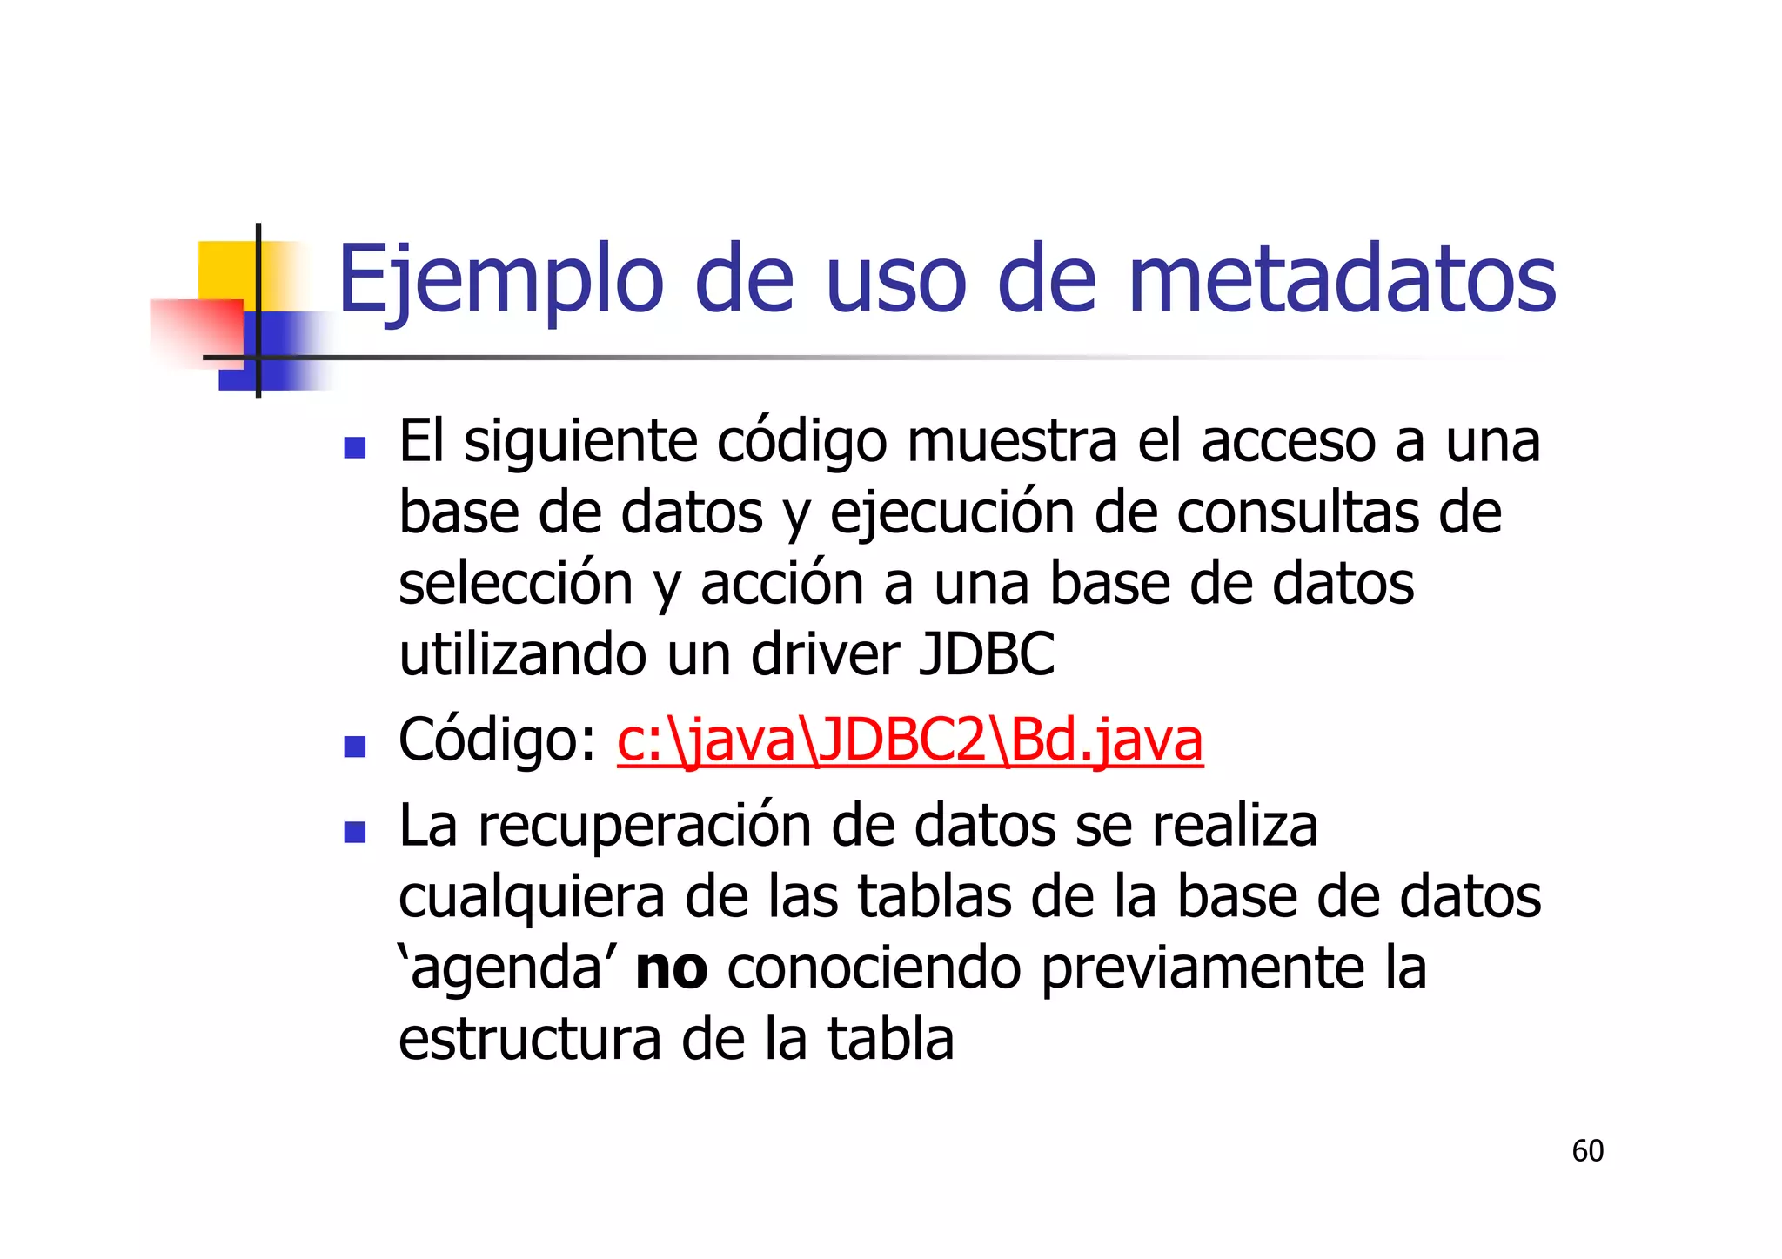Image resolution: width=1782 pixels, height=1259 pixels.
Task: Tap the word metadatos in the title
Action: [x=1341, y=280]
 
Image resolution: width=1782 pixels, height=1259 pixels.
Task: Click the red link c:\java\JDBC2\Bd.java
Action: [x=909, y=740]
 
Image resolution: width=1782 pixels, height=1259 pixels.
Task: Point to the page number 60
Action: [x=1587, y=1150]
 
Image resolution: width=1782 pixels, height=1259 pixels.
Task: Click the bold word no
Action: [x=671, y=968]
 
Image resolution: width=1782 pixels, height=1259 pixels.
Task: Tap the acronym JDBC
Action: [x=987, y=654]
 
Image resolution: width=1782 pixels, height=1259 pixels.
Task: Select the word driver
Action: [x=825, y=654]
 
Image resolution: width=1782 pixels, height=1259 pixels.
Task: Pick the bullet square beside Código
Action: [x=354, y=747]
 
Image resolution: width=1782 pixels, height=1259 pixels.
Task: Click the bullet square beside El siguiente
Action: [x=354, y=447]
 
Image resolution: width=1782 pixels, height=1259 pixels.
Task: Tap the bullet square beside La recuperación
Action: [x=354, y=833]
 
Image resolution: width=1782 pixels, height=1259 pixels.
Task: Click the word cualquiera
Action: [x=531, y=898]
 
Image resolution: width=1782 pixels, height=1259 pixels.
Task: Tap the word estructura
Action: [x=529, y=1040]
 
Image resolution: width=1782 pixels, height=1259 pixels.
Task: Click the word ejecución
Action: [x=952, y=513]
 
